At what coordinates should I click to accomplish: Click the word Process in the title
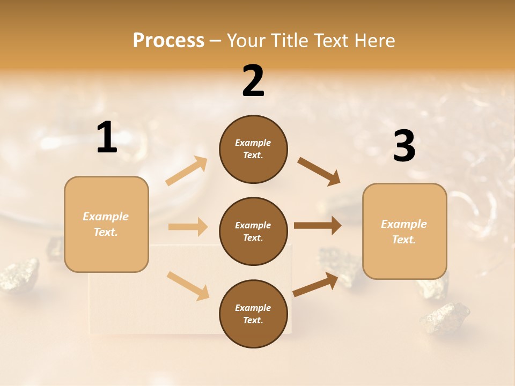coord(168,40)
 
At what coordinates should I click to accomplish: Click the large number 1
coord(106,138)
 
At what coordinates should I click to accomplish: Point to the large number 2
coord(253,81)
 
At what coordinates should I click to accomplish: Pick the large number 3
coord(404,146)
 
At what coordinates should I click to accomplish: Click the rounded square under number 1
coord(106,224)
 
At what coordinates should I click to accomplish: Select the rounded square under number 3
coord(404,231)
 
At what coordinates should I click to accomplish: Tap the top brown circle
coord(253,149)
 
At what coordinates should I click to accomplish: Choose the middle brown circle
coord(253,231)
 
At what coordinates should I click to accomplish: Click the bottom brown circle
coord(253,314)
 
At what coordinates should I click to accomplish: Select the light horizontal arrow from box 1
coord(188,227)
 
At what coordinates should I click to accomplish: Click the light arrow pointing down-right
coord(188,285)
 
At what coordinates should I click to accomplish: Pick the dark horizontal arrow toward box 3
coord(318,226)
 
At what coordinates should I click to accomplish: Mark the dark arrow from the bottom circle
coord(316,285)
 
